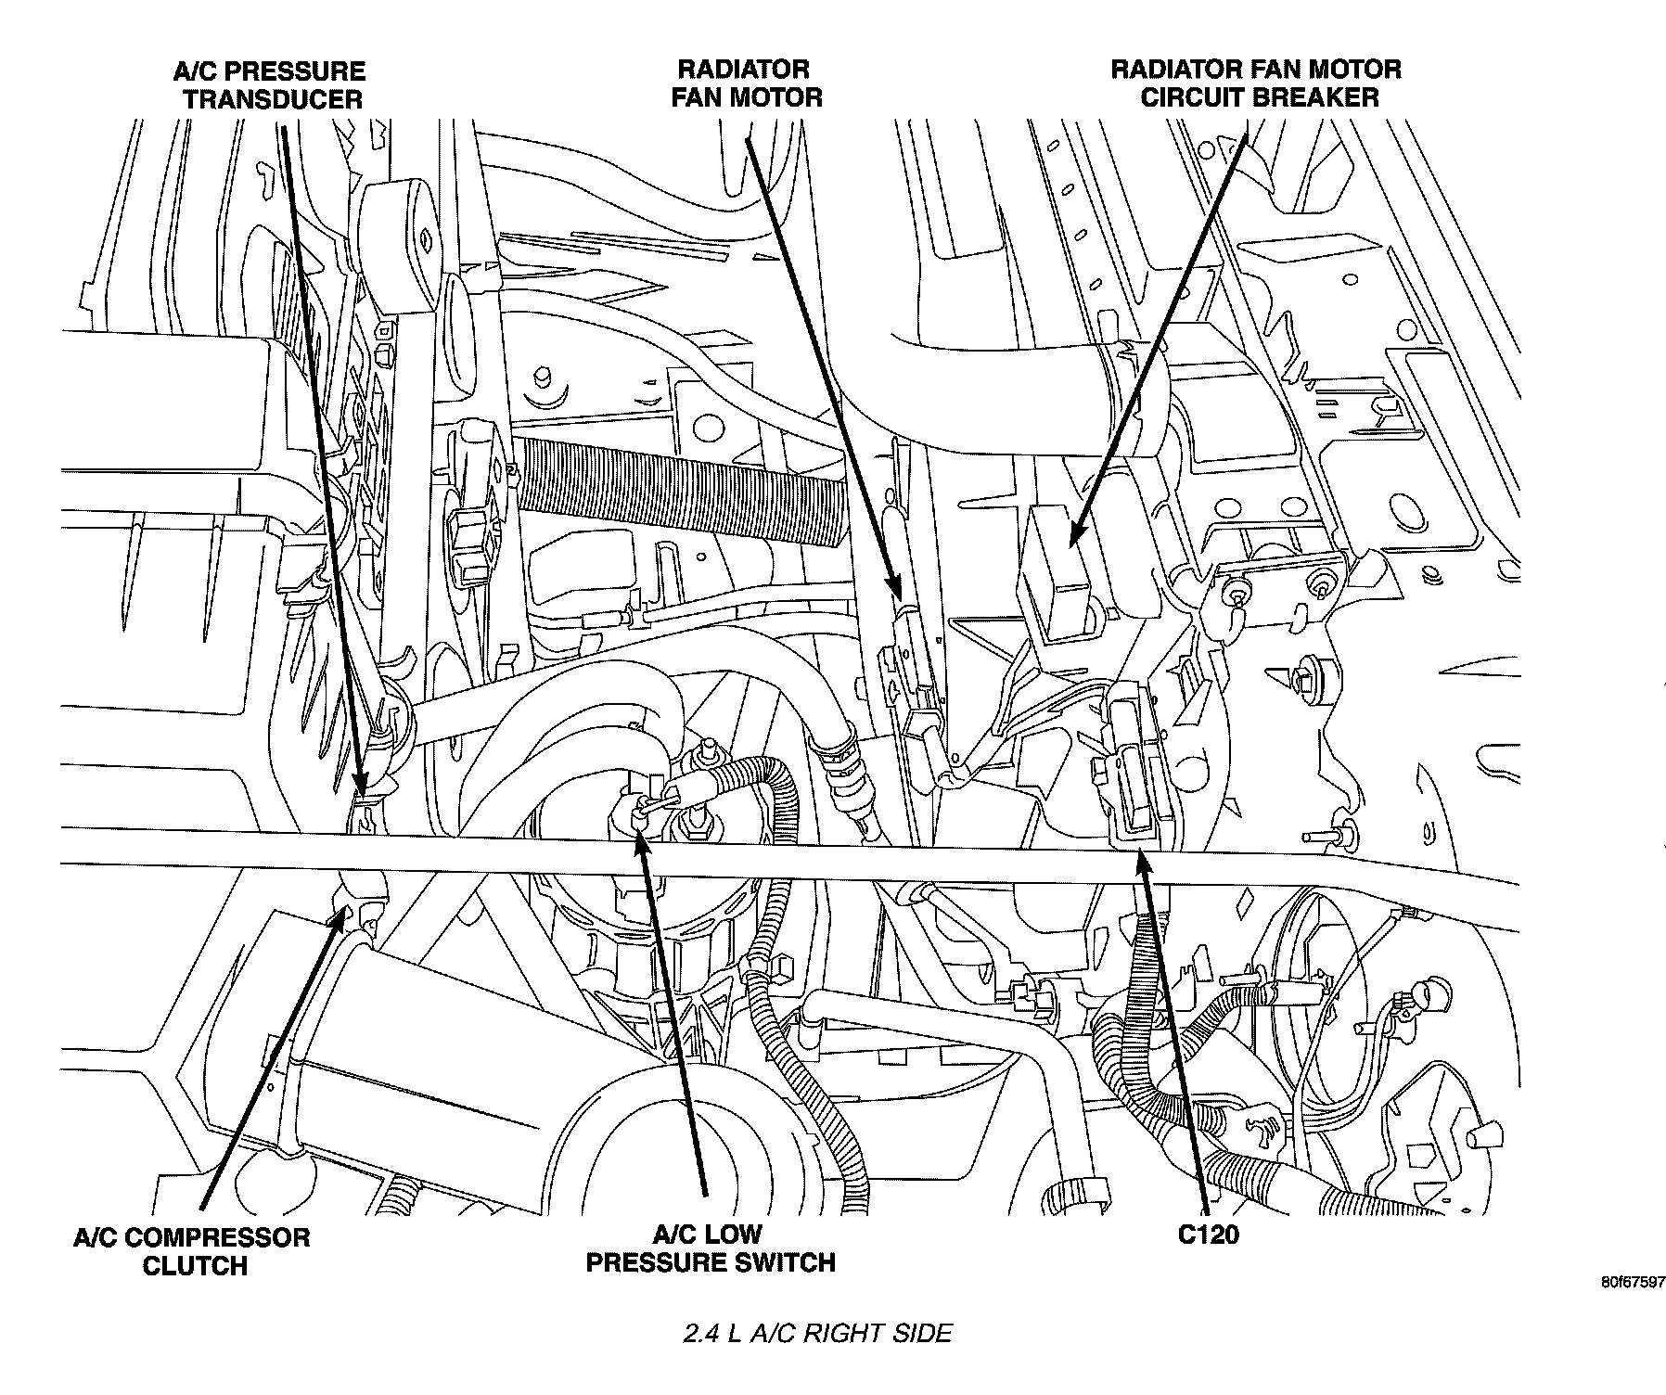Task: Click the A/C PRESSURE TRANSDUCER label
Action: pos(269,84)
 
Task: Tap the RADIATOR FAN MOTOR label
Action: pos(746,83)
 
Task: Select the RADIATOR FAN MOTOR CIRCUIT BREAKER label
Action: pos(1258,83)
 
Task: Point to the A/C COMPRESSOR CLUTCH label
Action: pos(192,1251)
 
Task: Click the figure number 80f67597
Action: pos(1631,1284)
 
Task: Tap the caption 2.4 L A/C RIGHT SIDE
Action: pos(817,1334)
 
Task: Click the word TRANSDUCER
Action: pos(273,99)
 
